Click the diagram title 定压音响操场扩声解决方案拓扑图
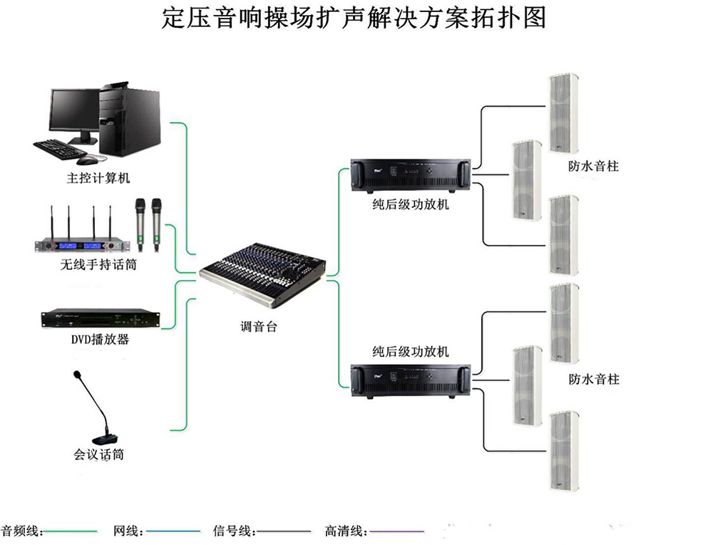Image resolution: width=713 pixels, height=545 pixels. click(x=354, y=18)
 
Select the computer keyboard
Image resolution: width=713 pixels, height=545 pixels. click(x=61, y=147)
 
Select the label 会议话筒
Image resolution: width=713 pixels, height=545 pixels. click(x=98, y=453)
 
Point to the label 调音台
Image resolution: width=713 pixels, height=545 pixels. click(x=258, y=327)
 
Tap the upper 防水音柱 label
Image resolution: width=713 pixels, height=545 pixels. click(x=593, y=166)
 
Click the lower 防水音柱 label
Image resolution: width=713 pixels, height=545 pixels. click(x=593, y=379)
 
